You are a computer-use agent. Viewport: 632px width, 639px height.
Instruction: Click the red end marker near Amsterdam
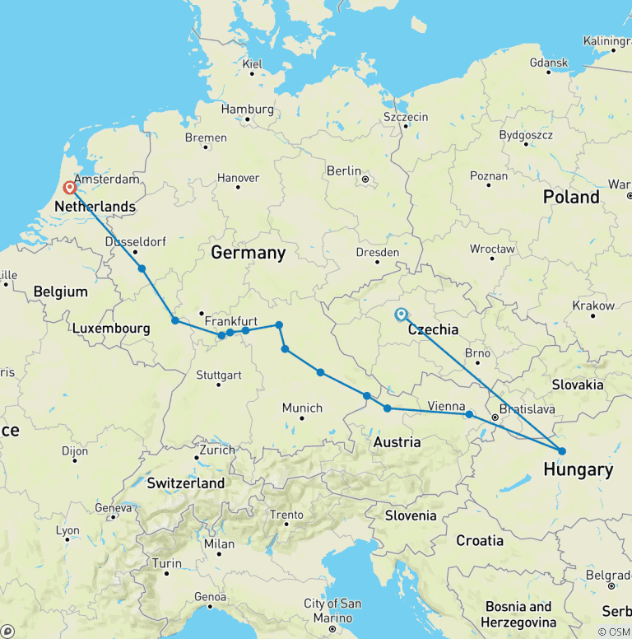[70, 189]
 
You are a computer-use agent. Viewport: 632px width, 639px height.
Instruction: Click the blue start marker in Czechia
[401, 315]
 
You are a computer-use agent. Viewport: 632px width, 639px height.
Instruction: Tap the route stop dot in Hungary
[562, 450]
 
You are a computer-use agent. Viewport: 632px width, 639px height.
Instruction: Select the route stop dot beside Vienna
[469, 414]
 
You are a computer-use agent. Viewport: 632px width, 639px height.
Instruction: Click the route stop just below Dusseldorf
[142, 268]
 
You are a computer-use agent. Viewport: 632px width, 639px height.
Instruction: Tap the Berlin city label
[344, 170]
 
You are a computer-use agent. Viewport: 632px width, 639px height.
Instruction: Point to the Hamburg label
[247, 109]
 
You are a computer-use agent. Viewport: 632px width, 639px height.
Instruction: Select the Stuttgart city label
[218, 375]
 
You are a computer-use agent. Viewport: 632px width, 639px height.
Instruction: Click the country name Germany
[248, 253]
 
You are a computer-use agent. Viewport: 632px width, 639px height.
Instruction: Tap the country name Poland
[571, 197]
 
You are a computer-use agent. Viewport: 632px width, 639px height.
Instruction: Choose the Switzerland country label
[185, 483]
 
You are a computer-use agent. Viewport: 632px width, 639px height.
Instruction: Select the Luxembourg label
[111, 329]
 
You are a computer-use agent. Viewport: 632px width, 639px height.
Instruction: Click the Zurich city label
[215, 450]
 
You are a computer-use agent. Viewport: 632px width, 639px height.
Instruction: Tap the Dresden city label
[378, 253]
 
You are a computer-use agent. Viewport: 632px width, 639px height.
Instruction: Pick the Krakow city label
[594, 306]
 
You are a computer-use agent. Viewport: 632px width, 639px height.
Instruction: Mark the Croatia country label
[480, 541]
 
